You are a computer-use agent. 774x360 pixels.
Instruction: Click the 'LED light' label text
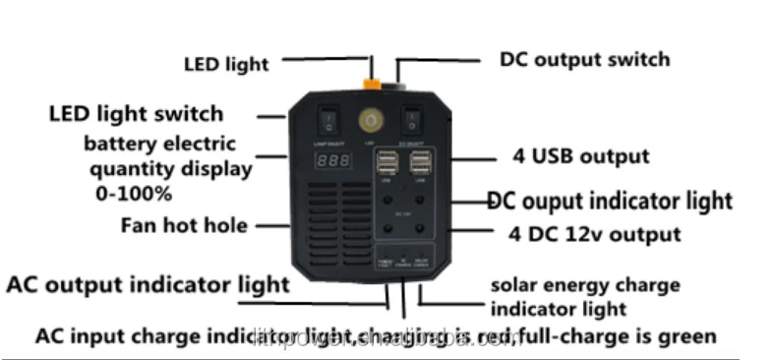tap(225, 65)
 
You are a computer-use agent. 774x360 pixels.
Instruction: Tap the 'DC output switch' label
tap(584, 59)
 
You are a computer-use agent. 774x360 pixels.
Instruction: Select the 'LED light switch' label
tap(136, 114)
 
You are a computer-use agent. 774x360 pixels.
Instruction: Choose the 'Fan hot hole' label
tap(185, 225)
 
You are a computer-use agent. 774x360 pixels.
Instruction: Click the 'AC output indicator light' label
tap(148, 285)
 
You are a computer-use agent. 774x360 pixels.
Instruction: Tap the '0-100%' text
tap(133, 193)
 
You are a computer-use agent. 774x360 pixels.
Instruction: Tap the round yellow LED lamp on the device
tap(370, 121)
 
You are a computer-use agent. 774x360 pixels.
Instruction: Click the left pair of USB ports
tap(385, 162)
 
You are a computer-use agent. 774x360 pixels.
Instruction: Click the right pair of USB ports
tap(421, 162)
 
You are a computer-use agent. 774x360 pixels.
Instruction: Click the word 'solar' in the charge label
tap(515, 285)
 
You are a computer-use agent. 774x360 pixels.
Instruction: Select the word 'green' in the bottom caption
tap(688, 336)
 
